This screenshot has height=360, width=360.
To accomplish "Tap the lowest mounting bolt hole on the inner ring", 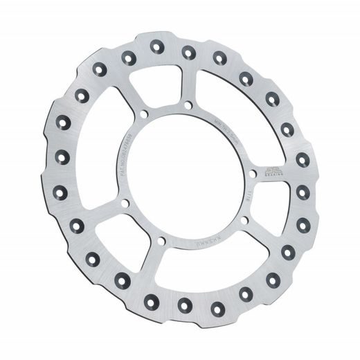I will click(160, 241).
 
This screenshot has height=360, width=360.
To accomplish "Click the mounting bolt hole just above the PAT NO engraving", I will click(143, 114).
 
